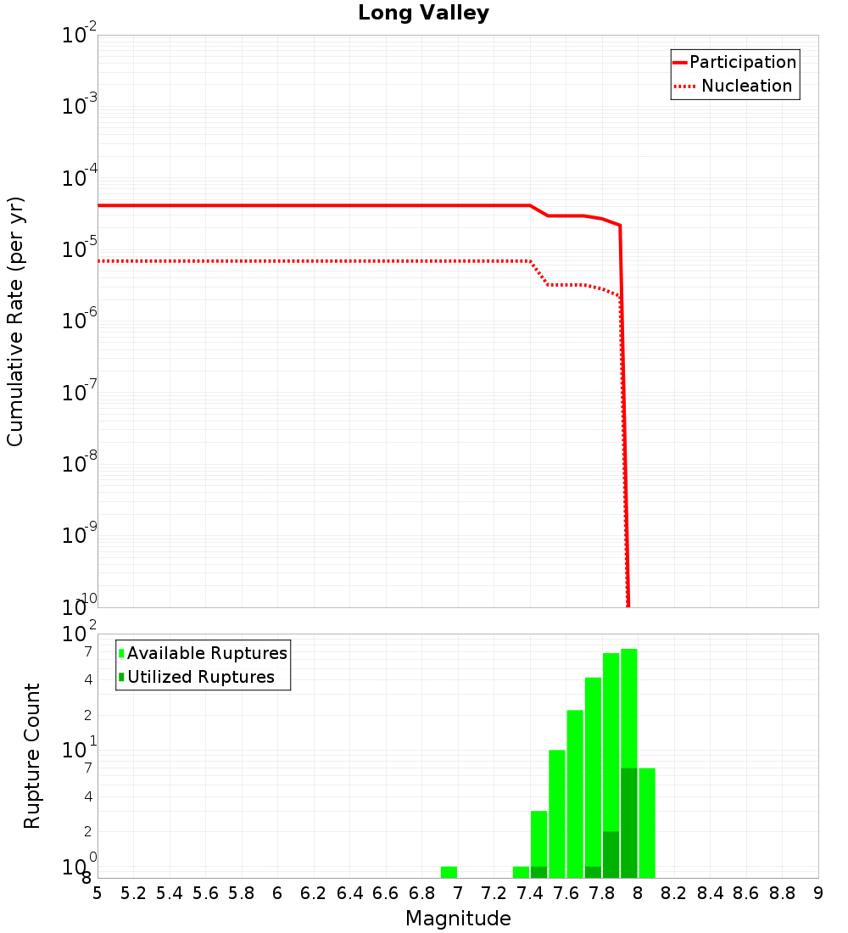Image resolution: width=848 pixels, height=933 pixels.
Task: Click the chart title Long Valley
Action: click(x=423, y=14)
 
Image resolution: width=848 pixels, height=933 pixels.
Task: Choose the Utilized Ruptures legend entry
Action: click(x=200, y=677)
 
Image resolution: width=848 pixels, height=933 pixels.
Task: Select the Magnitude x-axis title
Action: click(x=458, y=919)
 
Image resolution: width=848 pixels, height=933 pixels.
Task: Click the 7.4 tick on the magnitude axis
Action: click(x=530, y=893)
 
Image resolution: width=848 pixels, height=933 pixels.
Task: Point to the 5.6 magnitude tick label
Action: click(x=206, y=893)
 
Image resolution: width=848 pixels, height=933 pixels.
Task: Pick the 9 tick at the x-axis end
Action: click(x=817, y=893)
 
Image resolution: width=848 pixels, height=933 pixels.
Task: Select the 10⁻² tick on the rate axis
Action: click(x=80, y=36)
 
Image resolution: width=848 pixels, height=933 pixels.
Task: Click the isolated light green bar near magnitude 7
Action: click(x=449, y=872)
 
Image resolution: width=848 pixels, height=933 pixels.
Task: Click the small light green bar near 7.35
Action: click(x=521, y=872)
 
